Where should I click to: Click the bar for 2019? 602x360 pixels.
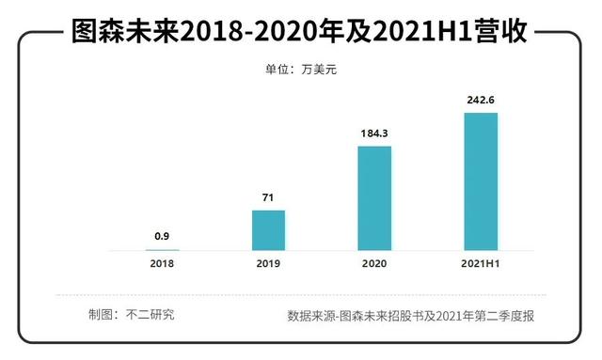pos(268,229)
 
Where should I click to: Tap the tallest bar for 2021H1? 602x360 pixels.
pos(481,180)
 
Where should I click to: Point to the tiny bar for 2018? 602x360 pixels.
pos(162,249)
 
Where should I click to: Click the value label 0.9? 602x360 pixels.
pos(162,237)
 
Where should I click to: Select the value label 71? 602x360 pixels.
pos(268,197)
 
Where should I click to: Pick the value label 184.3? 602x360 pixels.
pos(374,133)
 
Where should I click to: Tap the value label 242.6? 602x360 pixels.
pos(481,100)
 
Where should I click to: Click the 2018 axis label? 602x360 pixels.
pos(162,264)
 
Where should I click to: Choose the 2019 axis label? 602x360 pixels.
pos(268,264)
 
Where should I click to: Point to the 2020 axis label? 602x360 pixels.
pos(374,264)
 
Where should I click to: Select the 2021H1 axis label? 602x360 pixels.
pos(481,264)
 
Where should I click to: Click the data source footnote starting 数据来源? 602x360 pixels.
pos(411,315)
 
